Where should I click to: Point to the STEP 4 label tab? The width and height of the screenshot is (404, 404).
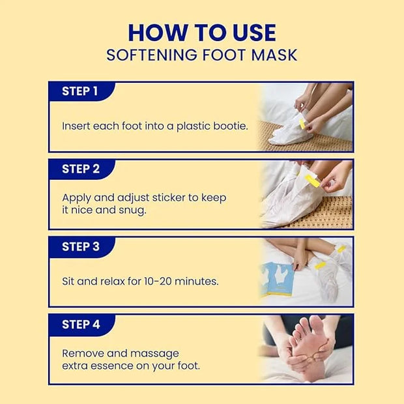pos(81,325)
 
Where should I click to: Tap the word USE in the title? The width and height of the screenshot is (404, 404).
pos(254,33)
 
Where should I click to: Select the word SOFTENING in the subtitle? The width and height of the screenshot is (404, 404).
pos(151,55)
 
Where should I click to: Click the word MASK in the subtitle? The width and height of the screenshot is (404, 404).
pos(274,55)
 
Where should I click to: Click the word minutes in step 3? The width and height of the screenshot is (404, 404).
pos(196,281)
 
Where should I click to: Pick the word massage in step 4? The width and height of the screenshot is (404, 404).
pos(154,354)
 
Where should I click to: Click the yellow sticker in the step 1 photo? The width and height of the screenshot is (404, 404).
pos(302,124)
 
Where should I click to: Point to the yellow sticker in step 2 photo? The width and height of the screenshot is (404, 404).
pos(312,180)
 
